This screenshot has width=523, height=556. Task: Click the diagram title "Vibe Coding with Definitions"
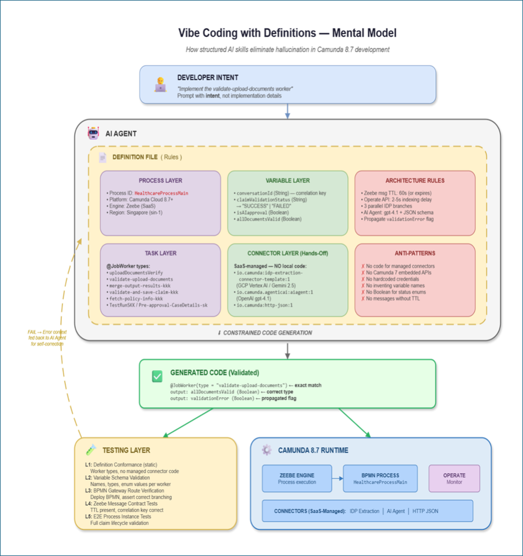tap(247, 33)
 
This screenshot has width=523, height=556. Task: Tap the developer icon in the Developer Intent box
tap(160, 84)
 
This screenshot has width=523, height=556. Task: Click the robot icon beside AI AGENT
tap(93, 133)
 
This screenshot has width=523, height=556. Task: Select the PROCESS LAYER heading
tap(160, 181)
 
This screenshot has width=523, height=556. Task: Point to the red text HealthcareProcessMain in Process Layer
tap(161, 194)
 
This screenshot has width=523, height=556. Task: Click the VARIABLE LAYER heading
tap(288, 181)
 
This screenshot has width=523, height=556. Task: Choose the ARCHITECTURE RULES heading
tap(415, 181)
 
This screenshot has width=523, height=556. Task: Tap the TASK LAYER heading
tap(160, 253)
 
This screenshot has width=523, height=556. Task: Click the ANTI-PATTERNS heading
tap(415, 253)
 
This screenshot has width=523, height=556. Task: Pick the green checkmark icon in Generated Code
tap(157, 376)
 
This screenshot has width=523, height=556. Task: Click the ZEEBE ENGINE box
tap(297, 478)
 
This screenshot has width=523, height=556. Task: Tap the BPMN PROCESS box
tap(380, 478)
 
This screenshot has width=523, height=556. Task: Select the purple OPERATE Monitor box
tap(454, 478)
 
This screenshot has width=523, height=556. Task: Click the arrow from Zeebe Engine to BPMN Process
tap(338, 478)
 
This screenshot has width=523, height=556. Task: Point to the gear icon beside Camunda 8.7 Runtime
tap(266, 449)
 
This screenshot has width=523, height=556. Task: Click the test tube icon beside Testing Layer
tap(91, 449)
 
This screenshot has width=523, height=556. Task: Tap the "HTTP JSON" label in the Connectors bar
tap(425, 511)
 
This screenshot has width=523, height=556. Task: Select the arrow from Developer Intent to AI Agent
tap(287, 111)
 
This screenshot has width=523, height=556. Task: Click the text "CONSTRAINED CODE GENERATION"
tap(267, 332)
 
